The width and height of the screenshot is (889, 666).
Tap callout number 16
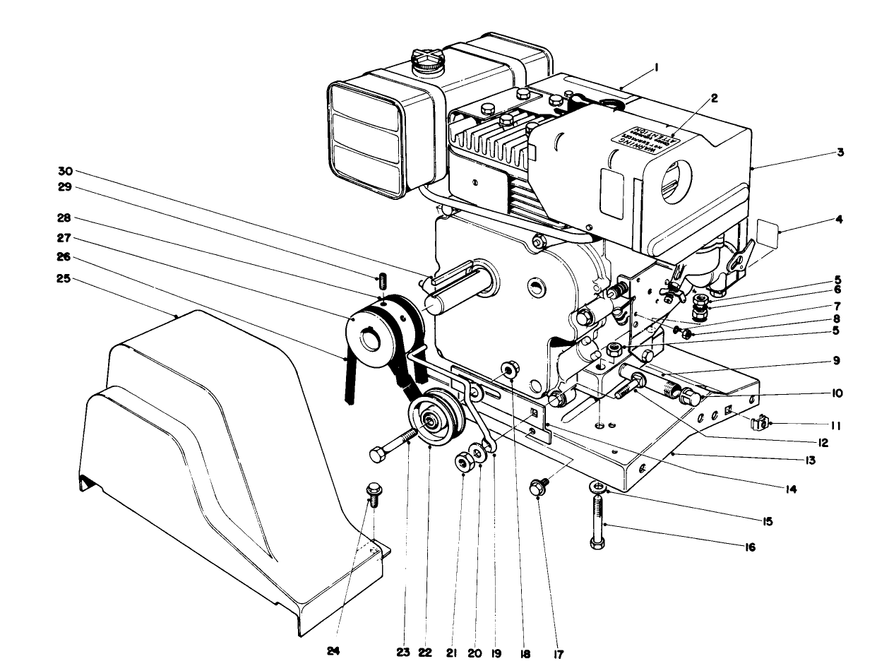(x=750, y=547)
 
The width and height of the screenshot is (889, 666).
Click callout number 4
(x=839, y=219)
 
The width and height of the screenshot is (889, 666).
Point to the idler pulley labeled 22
(x=431, y=422)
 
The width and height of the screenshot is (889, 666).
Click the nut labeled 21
(x=464, y=463)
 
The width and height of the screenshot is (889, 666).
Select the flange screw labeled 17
(x=539, y=486)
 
